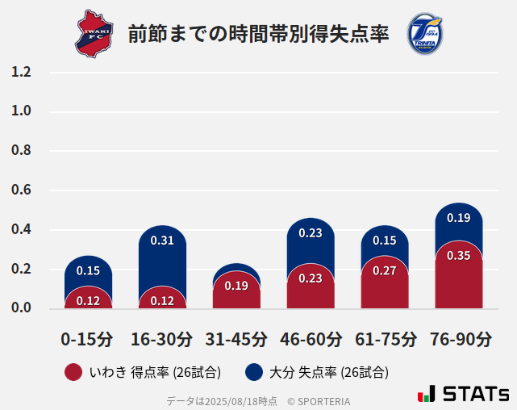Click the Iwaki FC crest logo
94,34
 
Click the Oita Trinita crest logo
424,34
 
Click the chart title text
258,34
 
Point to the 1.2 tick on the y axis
21,72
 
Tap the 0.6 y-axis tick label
21,190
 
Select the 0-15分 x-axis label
88,339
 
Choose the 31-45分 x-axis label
236,339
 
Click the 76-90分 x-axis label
459,339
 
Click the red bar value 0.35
458,256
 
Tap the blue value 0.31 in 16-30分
162,241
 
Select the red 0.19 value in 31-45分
236,286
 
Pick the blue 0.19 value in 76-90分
458,218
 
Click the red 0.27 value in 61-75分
385,270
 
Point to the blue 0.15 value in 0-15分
88,271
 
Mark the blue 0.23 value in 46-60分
311,233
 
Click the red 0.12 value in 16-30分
162,301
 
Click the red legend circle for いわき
73,372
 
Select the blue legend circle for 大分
254,372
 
